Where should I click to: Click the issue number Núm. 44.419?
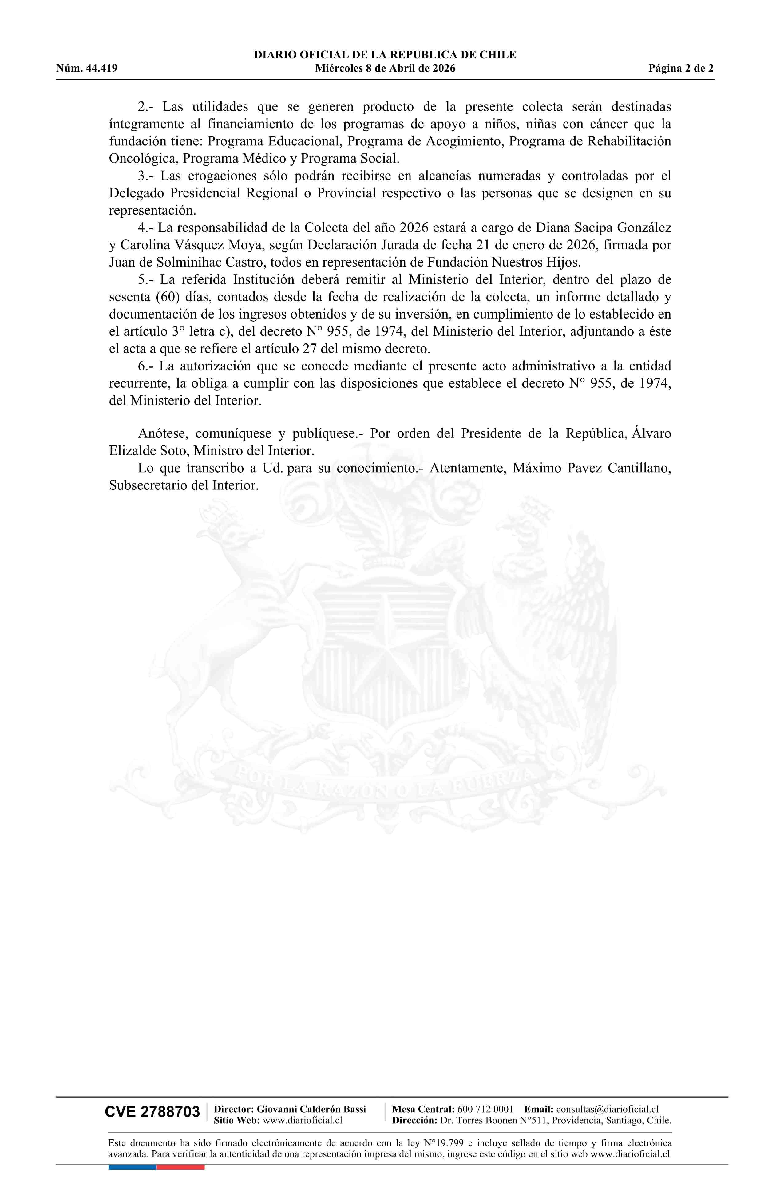pyautogui.click(x=87, y=69)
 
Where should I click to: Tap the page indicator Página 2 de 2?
pyautogui.click(x=681, y=69)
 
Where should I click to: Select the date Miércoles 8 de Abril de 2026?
pyautogui.click(x=385, y=69)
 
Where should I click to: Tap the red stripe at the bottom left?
pyautogui.click(x=180, y=1167)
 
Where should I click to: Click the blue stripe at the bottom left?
pyautogui.click(x=132, y=1167)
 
